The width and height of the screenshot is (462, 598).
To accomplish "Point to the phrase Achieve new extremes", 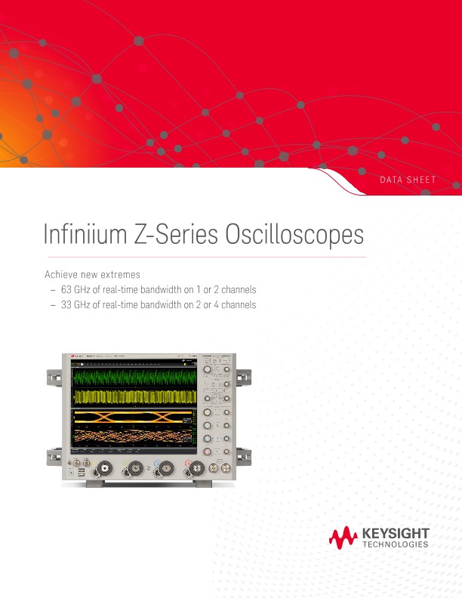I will (x=93, y=274).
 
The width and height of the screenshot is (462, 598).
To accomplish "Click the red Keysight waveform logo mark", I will (x=343, y=537).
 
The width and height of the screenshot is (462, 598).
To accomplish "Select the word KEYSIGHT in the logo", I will (x=396, y=533).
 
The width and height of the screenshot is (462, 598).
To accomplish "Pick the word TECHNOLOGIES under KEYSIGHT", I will (x=396, y=544).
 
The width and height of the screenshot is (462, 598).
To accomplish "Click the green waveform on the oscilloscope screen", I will (x=133, y=375).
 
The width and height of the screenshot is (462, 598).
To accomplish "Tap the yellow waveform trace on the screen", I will (x=133, y=396).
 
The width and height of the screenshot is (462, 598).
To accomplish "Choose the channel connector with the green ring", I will (x=134, y=469).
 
